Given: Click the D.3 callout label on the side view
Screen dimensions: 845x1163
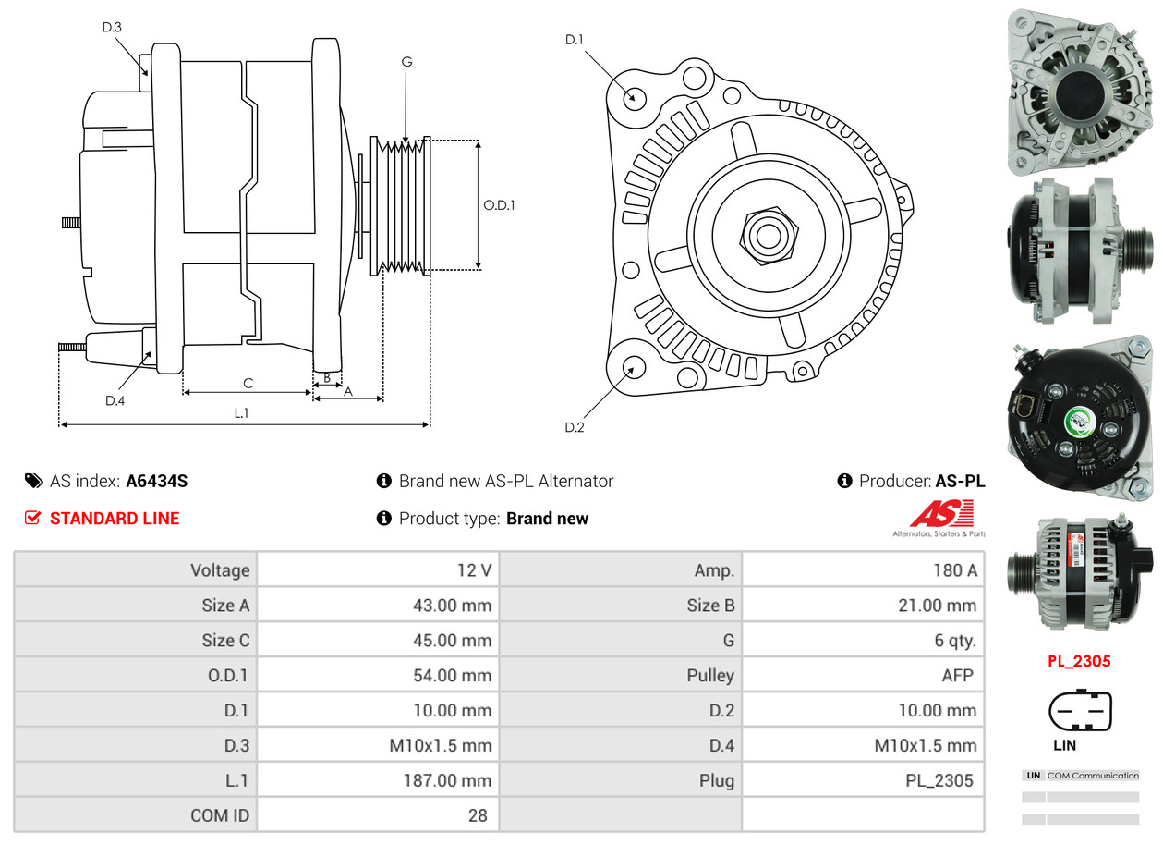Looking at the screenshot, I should pos(112,27).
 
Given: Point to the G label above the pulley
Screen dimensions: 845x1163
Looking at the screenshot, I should pos(406,62).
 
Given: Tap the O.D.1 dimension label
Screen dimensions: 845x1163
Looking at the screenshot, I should pos(499,205).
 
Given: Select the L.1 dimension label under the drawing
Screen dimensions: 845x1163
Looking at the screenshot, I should pos(240,413).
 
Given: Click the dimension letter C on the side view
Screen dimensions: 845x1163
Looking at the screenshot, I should pos(248,382).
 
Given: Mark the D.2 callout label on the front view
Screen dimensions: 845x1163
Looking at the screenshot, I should pos(575,427).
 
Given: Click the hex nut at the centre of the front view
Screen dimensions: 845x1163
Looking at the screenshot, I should pos(766,234).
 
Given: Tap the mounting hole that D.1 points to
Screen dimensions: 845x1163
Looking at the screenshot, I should pos(634,97).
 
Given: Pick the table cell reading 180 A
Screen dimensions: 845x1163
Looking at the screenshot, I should pos(954,570).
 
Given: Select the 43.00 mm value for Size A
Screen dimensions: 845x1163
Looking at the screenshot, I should pos(452,606).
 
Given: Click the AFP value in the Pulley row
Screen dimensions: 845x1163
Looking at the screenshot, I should pos(957,676).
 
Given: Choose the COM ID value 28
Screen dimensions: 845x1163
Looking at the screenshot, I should pos(478,815).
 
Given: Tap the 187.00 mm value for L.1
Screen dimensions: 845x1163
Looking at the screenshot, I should pos(447,780).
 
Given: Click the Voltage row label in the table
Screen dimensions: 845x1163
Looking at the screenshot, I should pos(220,570).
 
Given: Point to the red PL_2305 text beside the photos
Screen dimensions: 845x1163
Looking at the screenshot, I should pos(1079,661).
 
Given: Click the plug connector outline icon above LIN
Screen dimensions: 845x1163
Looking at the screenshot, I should pos(1080,712).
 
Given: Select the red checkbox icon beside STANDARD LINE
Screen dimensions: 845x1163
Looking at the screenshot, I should pos(33,518).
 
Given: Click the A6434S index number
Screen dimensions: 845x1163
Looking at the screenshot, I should pos(157,481).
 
